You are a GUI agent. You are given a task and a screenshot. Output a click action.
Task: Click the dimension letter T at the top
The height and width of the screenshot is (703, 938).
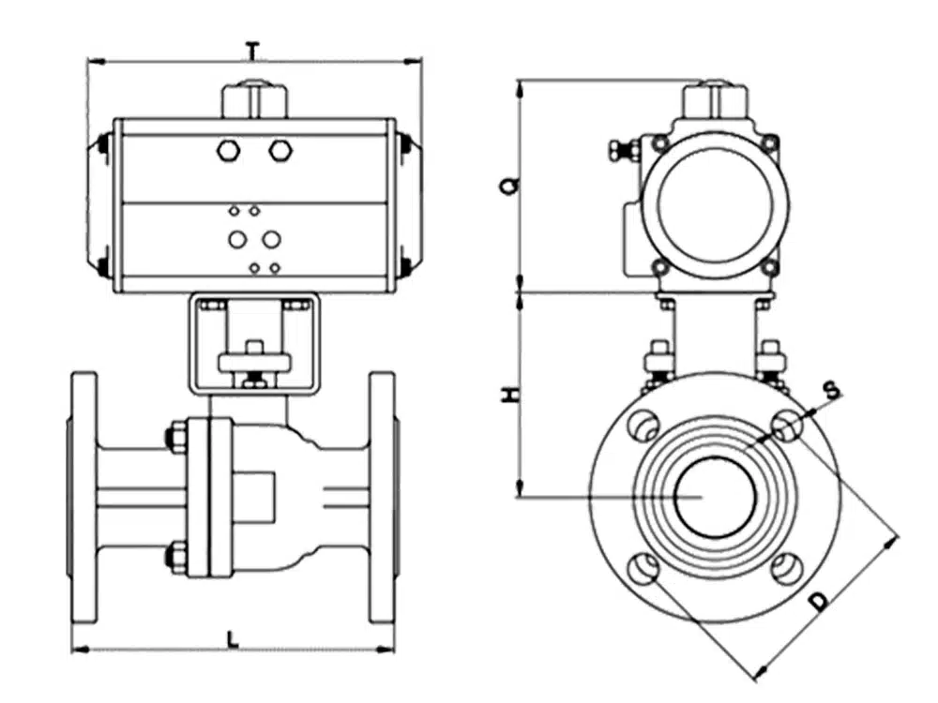pyautogui.click(x=250, y=50)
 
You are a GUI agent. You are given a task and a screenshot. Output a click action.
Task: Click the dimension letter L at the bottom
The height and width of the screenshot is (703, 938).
pyautogui.click(x=234, y=639)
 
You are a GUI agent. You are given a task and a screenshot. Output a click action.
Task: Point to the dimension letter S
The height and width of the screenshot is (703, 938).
pyautogui.click(x=830, y=387)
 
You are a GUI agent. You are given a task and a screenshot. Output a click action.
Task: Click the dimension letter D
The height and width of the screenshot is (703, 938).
pyautogui.click(x=820, y=602)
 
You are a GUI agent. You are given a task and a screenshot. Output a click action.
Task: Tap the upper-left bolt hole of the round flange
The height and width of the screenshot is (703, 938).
pyautogui.click(x=643, y=427)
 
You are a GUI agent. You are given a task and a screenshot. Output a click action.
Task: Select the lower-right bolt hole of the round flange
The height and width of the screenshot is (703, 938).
pyautogui.click(x=786, y=568)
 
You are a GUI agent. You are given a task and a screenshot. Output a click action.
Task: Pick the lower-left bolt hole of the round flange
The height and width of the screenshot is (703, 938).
pyautogui.click(x=643, y=568)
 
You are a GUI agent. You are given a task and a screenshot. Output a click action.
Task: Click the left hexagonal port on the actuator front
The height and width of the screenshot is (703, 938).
pyautogui.click(x=228, y=150)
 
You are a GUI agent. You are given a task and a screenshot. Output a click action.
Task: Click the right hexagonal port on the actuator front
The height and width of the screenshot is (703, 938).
pyautogui.click(x=280, y=150)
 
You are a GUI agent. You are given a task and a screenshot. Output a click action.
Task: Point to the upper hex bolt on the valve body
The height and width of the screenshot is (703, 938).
pyautogui.click(x=176, y=437)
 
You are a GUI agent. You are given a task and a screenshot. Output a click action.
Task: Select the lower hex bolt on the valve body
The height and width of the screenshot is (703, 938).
pyautogui.click(x=176, y=556)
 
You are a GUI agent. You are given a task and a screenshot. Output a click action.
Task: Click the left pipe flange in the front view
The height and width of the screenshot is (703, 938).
pyautogui.click(x=84, y=497)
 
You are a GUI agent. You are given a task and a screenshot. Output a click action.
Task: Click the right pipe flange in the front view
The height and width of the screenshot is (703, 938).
pyautogui.click(x=382, y=497)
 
